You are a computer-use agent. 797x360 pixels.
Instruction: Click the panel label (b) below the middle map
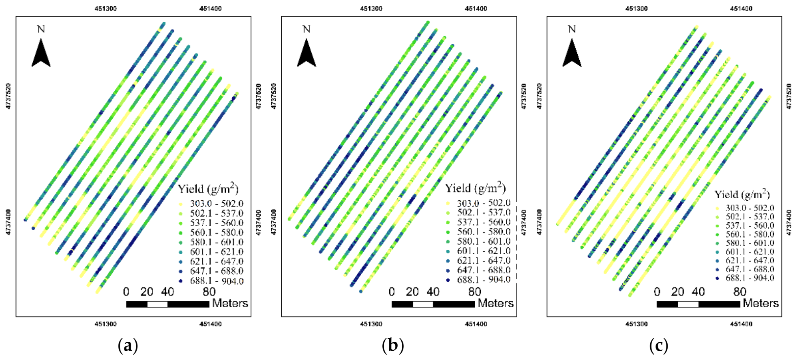393,346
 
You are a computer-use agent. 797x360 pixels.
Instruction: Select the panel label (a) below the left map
128,346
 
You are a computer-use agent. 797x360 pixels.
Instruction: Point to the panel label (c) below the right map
658,346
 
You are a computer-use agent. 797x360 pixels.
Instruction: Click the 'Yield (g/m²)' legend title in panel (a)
208,189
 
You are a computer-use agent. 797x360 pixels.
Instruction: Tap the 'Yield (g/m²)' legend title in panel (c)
742,194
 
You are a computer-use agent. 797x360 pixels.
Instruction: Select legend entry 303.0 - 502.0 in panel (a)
216,204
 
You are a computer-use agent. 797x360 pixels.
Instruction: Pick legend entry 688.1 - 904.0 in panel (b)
484,280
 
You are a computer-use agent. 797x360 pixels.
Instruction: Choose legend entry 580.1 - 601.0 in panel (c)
750,243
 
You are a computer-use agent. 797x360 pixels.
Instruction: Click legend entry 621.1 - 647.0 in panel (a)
216,261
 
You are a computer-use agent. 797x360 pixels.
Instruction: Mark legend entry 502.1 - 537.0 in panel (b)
484,212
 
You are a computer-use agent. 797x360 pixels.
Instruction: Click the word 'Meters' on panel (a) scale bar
230,303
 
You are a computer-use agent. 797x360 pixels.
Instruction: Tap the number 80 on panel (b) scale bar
475,292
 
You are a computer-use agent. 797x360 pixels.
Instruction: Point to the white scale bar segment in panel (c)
688,304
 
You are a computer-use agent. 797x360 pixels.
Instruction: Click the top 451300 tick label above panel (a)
106,9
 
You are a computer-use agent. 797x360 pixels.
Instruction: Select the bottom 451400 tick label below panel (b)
476,324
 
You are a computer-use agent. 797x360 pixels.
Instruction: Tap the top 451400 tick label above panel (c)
741,9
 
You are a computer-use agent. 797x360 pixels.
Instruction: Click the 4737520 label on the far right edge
789,96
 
